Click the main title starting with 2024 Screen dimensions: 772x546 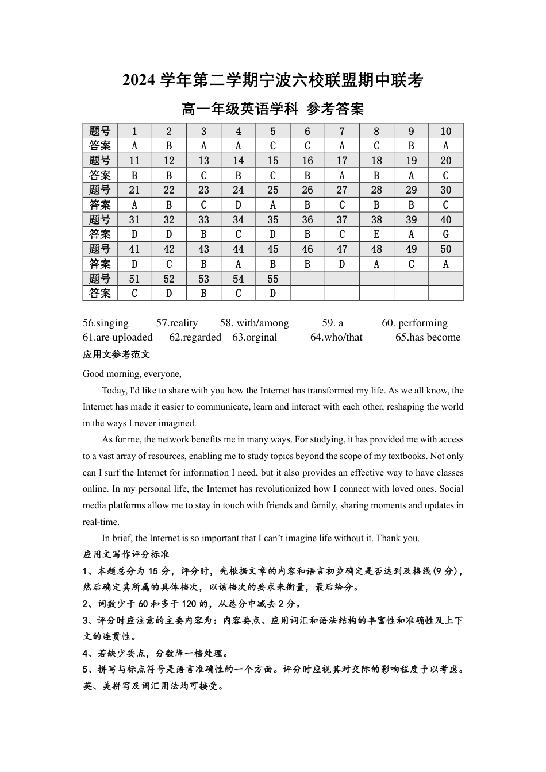pyautogui.click(x=272, y=81)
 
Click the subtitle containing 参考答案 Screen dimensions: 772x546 pyautogui.click(x=272, y=109)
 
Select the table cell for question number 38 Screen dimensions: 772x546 pyautogui.click(x=376, y=219)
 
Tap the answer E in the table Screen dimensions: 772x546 pyautogui.click(x=376, y=234)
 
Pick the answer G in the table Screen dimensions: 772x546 pyautogui.click(x=445, y=234)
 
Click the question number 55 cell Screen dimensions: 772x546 pyautogui.click(x=272, y=279)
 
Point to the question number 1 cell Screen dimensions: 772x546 pyautogui.click(x=134, y=131)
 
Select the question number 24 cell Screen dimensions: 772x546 pyautogui.click(x=238, y=190)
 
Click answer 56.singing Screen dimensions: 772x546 pyautogui.click(x=106, y=323)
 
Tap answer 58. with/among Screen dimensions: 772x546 pyautogui.click(x=254, y=323)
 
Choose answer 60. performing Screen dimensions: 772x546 pyautogui.click(x=414, y=323)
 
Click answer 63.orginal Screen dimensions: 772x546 pyautogui.click(x=255, y=338)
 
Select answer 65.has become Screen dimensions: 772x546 pyautogui.click(x=428, y=338)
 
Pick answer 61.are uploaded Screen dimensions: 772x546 pyautogui.click(x=118, y=338)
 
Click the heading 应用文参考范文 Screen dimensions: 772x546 pyautogui.click(x=116, y=355)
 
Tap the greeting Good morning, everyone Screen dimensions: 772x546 pyautogui.click(x=132, y=374)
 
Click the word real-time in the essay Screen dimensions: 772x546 pyautogui.click(x=101, y=522)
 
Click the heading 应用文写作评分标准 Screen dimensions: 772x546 pyautogui.click(x=126, y=555)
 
